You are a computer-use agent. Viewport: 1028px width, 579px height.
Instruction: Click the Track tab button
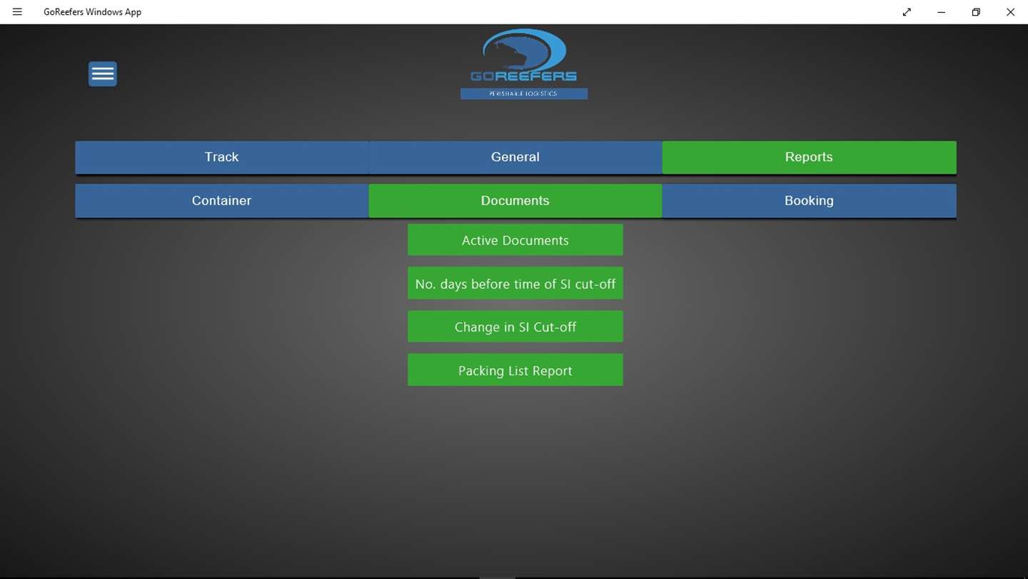click(x=221, y=157)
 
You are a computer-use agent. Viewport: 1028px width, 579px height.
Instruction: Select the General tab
click(x=515, y=157)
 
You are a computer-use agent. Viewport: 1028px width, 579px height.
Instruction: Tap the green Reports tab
click(x=809, y=157)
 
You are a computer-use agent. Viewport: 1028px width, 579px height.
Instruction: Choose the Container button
click(x=221, y=201)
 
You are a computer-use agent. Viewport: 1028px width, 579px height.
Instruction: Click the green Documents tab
click(x=515, y=201)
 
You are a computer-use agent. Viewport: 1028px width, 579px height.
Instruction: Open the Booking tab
click(x=809, y=201)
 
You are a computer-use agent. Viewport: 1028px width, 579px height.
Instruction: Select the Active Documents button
click(x=515, y=240)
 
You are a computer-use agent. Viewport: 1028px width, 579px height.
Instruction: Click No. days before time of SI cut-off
click(x=515, y=284)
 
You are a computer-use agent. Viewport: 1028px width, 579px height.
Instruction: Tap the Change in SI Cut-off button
click(x=515, y=327)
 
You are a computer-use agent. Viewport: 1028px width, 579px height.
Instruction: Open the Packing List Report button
click(x=515, y=370)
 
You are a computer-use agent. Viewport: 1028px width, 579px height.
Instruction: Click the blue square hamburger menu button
click(x=103, y=74)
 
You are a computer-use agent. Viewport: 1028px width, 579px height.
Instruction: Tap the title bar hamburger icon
click(x=17, y=12)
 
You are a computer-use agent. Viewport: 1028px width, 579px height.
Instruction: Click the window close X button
click(x=1011, y=12)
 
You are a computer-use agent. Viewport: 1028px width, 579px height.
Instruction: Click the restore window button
click(x=976, y=12)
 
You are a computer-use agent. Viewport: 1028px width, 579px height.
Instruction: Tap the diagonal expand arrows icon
click(x=907, y=12)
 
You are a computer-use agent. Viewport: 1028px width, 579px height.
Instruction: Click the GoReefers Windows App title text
click(x=92, y=12)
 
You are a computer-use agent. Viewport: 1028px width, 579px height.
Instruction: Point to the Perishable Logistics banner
click(x=524, y=94)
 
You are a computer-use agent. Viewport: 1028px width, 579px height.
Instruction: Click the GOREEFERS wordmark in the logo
click(x=524, y=76)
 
